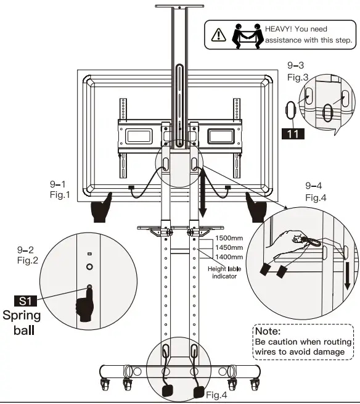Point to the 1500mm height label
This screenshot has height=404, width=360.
pyautogui.click(x=229, y=237)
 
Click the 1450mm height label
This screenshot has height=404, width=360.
pyautogui.click(x=229, y=247)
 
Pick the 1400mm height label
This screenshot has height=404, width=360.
pyautogui.click(x=229, y=256)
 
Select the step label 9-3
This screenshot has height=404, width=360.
pyautogui.click(x=297, y=65)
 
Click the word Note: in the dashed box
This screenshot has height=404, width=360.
pyautogui.click(x=268, y=331)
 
